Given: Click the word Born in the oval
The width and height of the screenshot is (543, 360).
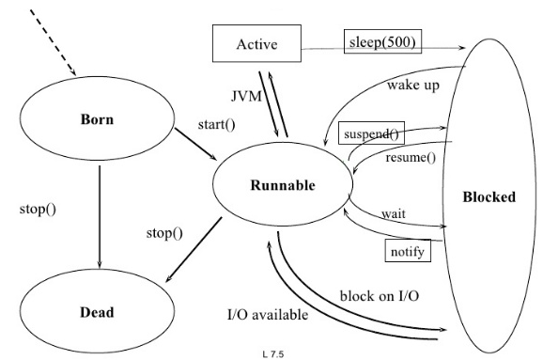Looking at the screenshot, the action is tap(97, 119).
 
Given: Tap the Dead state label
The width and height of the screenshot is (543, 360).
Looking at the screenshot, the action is tap(97, 312).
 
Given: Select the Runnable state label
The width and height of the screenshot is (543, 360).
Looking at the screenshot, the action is tap(283, 185).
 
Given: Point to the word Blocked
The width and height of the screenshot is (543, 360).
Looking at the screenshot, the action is tap(489, 196).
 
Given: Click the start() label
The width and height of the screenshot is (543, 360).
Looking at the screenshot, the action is tap(216, 124).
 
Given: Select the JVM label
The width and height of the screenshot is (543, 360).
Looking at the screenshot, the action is tap(246, 96).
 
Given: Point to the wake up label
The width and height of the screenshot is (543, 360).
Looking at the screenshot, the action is tap(413, 86).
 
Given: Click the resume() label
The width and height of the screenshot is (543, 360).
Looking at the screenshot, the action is tap(411, 157).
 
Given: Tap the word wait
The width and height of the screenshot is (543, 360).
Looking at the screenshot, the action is tap(394, 213).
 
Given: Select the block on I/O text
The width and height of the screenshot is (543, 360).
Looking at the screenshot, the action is tap(380, 296).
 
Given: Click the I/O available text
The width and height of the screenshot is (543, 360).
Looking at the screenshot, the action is tap(268, 315).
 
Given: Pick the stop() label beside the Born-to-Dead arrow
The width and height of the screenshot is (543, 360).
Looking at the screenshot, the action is tap(38, 210).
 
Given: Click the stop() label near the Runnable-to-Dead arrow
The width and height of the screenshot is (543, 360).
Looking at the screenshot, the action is tap(164, 233).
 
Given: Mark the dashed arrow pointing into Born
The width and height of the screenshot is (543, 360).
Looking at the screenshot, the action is tap(53, 42).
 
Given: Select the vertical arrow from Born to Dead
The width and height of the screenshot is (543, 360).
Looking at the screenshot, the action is tap(100, 217).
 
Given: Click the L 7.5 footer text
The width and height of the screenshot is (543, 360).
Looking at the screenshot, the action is tap(273, 354).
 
